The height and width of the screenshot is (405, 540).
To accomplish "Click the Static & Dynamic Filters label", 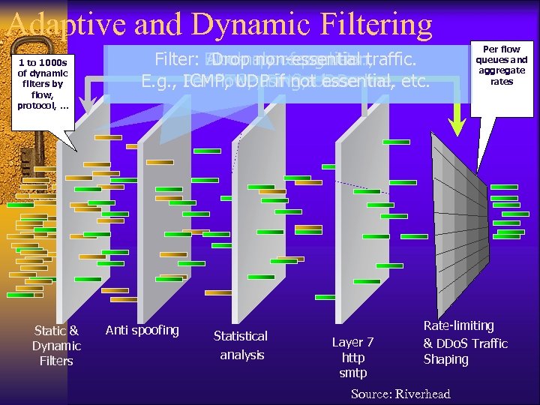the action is coord(56,345).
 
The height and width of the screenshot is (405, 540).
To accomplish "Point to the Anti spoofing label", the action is coord(142,330).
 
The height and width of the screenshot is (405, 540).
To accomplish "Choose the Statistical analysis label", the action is coord(241,345).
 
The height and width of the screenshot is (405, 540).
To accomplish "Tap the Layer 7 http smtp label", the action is coord(353,357).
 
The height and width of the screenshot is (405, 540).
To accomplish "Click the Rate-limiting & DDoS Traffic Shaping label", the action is coord(465,343).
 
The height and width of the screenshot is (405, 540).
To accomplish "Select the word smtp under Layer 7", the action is coord(353,373).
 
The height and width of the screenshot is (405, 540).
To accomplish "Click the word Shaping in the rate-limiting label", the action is coord(446,359).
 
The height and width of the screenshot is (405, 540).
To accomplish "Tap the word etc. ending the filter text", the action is coord(415,81).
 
